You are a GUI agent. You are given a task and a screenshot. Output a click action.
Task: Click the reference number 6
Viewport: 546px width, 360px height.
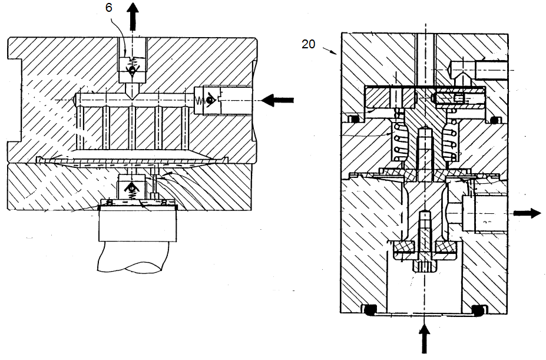point(108,8)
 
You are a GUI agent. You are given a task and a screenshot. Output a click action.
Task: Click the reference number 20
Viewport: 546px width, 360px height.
point(308,44)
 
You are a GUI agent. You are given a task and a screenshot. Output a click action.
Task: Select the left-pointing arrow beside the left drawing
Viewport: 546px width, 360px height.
point(277,100)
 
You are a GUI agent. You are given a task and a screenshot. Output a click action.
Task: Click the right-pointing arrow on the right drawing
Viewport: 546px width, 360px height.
point(527,213)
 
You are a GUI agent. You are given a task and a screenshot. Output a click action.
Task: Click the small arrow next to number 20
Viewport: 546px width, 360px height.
point(329,51)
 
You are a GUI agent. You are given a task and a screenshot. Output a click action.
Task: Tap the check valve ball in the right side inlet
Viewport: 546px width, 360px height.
point(209,100)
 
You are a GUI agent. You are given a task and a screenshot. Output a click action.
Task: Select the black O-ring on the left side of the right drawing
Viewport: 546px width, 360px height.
point(355,120)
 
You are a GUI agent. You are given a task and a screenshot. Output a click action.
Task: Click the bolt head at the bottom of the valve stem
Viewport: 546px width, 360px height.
point(425,267)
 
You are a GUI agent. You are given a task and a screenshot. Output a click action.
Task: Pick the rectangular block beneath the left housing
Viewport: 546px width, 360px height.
point(138,224)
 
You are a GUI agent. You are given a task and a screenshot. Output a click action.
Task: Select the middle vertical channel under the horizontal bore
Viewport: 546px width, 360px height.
point(133,128)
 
